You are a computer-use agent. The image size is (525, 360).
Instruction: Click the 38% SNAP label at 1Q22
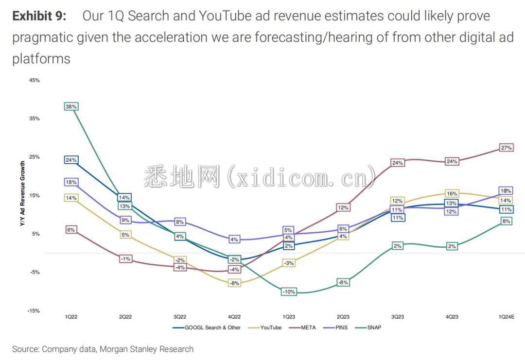(x=71, y=106)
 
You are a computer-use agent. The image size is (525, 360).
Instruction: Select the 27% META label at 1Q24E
(x=506, y=148)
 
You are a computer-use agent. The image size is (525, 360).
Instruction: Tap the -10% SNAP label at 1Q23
(x=289, y=292)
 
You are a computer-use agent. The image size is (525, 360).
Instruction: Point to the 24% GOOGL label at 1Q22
(x=71, y=160)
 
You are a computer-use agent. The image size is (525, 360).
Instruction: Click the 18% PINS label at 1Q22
(x=71, y=182)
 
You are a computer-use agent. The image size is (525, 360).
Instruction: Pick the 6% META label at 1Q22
(x=71, y=230)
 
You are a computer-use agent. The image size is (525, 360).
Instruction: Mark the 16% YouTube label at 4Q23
(x=452, y=194)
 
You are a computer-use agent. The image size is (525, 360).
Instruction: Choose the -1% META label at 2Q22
(x=125, y=259)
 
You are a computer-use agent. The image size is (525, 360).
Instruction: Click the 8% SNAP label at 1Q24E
(x=506, y=221)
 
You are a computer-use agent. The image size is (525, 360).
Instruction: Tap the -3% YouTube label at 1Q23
(x=289, y=263)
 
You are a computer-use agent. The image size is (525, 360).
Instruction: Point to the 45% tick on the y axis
(x=34, y=80)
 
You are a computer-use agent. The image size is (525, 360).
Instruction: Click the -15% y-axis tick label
(x=34, y=310)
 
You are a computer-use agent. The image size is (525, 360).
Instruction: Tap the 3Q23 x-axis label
(x=397, y=317)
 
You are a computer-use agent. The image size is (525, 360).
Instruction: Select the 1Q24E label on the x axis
(x=506, y=317)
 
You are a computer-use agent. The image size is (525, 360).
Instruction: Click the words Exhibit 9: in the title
(x=39, y=16)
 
